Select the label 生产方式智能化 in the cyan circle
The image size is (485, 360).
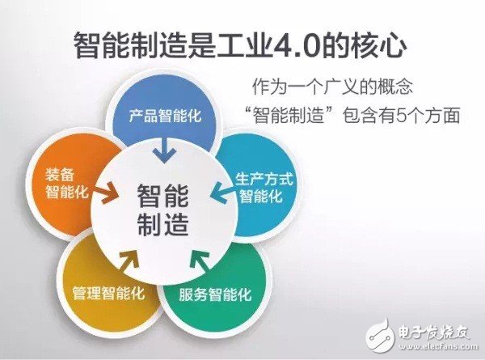coord(258,187)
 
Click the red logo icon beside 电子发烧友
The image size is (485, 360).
coord(379,332)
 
